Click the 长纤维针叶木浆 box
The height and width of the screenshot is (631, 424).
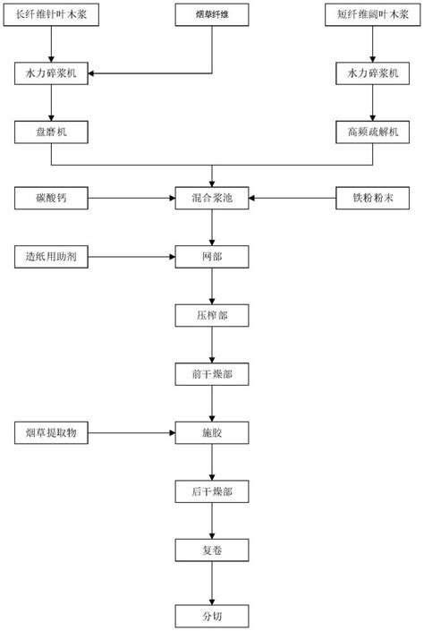pos(52,16)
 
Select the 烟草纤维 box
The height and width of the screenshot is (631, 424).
pos(212,16)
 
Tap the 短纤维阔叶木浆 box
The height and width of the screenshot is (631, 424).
pos(372,16)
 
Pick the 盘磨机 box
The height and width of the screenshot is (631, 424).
pos(52,133)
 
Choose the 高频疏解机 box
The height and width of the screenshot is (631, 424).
pos(372,133)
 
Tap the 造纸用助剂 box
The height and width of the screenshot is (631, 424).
pos(52,258)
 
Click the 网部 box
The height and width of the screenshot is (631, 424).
pos(212,258)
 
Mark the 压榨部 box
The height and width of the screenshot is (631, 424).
pos(212,316)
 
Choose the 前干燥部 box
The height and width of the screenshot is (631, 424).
pos(212,375)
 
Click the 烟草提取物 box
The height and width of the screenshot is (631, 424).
pos(52,433)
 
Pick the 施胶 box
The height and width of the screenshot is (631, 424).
pos(212,433)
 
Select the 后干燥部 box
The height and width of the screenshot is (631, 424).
pos(212,492)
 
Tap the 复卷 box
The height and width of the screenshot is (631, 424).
pos(212,550)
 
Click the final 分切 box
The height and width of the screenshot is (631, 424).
pos(212,615)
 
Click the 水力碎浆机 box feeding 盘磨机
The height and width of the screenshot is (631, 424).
pos(52,75)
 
